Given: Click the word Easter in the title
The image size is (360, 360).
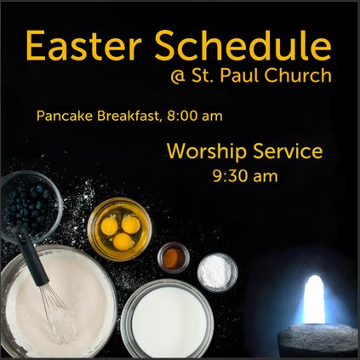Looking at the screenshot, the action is pos(83,45).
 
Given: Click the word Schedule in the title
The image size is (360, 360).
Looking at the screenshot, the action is pos(243,45).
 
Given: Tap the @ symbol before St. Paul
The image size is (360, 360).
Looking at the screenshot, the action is pos(178,77).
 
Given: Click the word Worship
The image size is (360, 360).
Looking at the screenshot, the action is pos(207,152).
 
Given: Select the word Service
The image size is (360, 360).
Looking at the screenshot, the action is pos(288,151).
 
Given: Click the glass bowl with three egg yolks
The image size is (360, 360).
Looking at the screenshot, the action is pos(119,229).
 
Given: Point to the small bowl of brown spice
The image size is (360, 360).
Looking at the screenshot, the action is pos(174,258).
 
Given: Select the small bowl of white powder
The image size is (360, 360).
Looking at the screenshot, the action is pos(218,271).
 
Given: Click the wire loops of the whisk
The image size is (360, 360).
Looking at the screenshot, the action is pos(58,313).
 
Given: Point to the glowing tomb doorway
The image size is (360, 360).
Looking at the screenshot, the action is pos(314,299).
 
